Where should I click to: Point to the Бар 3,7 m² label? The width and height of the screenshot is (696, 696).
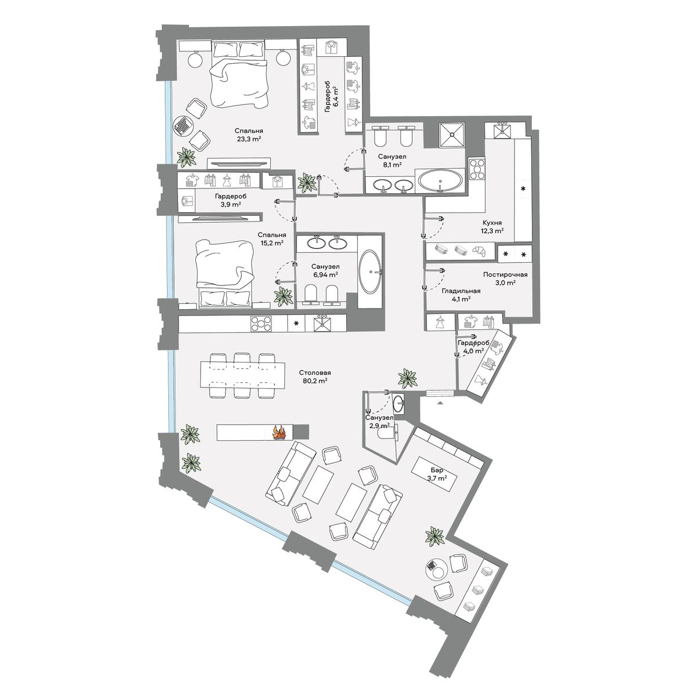437,474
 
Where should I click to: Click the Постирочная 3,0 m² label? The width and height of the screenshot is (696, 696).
505,278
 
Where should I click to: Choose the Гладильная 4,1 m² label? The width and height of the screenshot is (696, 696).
461,295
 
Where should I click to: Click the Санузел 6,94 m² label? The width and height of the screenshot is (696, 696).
325,270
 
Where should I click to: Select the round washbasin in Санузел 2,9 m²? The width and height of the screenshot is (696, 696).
398,401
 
